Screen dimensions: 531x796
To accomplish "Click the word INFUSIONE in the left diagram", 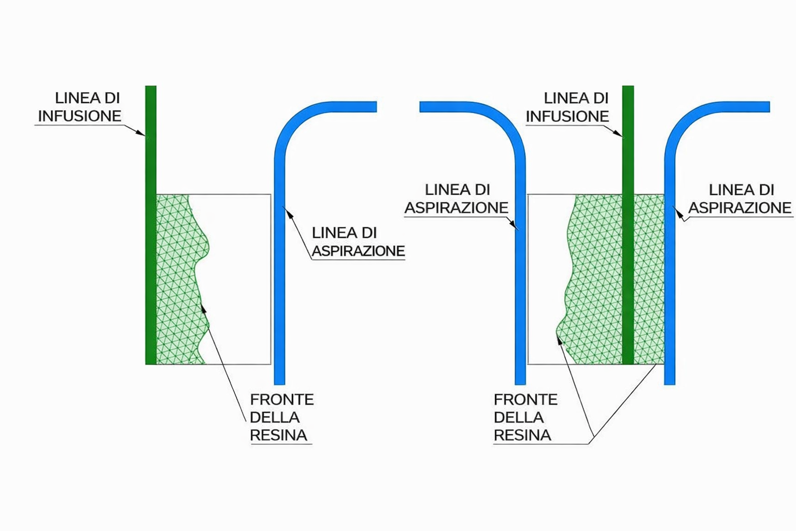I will [79, 116].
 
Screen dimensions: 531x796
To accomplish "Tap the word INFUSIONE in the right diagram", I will [567, 117].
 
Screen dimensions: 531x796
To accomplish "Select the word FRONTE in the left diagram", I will [281, 400].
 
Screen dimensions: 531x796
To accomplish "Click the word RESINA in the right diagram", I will [522, 436].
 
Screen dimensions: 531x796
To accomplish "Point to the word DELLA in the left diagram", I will [274, 417].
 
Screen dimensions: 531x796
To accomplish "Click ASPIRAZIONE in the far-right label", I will [739, 208].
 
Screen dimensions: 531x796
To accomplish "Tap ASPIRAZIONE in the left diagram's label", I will [358, 251].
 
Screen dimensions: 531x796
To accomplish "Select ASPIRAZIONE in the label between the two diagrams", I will [456, 208].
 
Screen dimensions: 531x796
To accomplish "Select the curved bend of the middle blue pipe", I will [505, 122].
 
